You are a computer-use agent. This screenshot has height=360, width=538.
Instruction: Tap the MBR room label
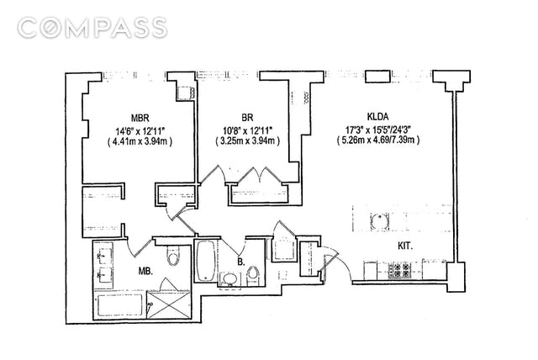point(140,117)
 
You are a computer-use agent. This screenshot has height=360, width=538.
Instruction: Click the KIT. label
point(410,247)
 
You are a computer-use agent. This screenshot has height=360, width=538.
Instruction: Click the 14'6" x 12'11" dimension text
point(140,130)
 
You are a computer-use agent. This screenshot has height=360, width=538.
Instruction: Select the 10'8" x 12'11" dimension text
point(246,130)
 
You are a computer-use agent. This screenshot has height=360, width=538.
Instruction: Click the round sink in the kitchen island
point(377,222)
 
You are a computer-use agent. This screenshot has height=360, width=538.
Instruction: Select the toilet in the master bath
point(174,257)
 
